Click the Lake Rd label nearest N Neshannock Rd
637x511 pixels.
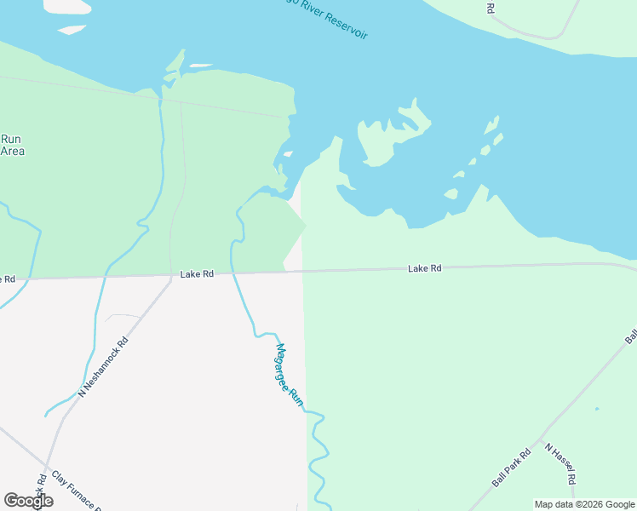pyautogui.click(x=197, y=274)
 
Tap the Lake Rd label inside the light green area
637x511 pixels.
pyautogui.click(x=424, y=268)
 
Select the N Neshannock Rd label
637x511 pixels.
pyautogui.click(x=103, y=367)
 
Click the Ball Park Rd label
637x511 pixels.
pyautogui.click(x=511, y=468)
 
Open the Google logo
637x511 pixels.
pyautogui.click(x=28, y=501)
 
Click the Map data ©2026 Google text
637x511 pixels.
pyautogui.click(x=584, y=504)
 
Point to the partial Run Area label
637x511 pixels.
pyautogui.click(x=12, y=145)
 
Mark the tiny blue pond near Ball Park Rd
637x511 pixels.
pyautogui.click(x=597, y=409)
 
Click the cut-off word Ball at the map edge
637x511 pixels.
pyautogui.click(x=631, y=336)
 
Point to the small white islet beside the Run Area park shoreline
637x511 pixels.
pyautogui.click(x=201, y=65)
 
